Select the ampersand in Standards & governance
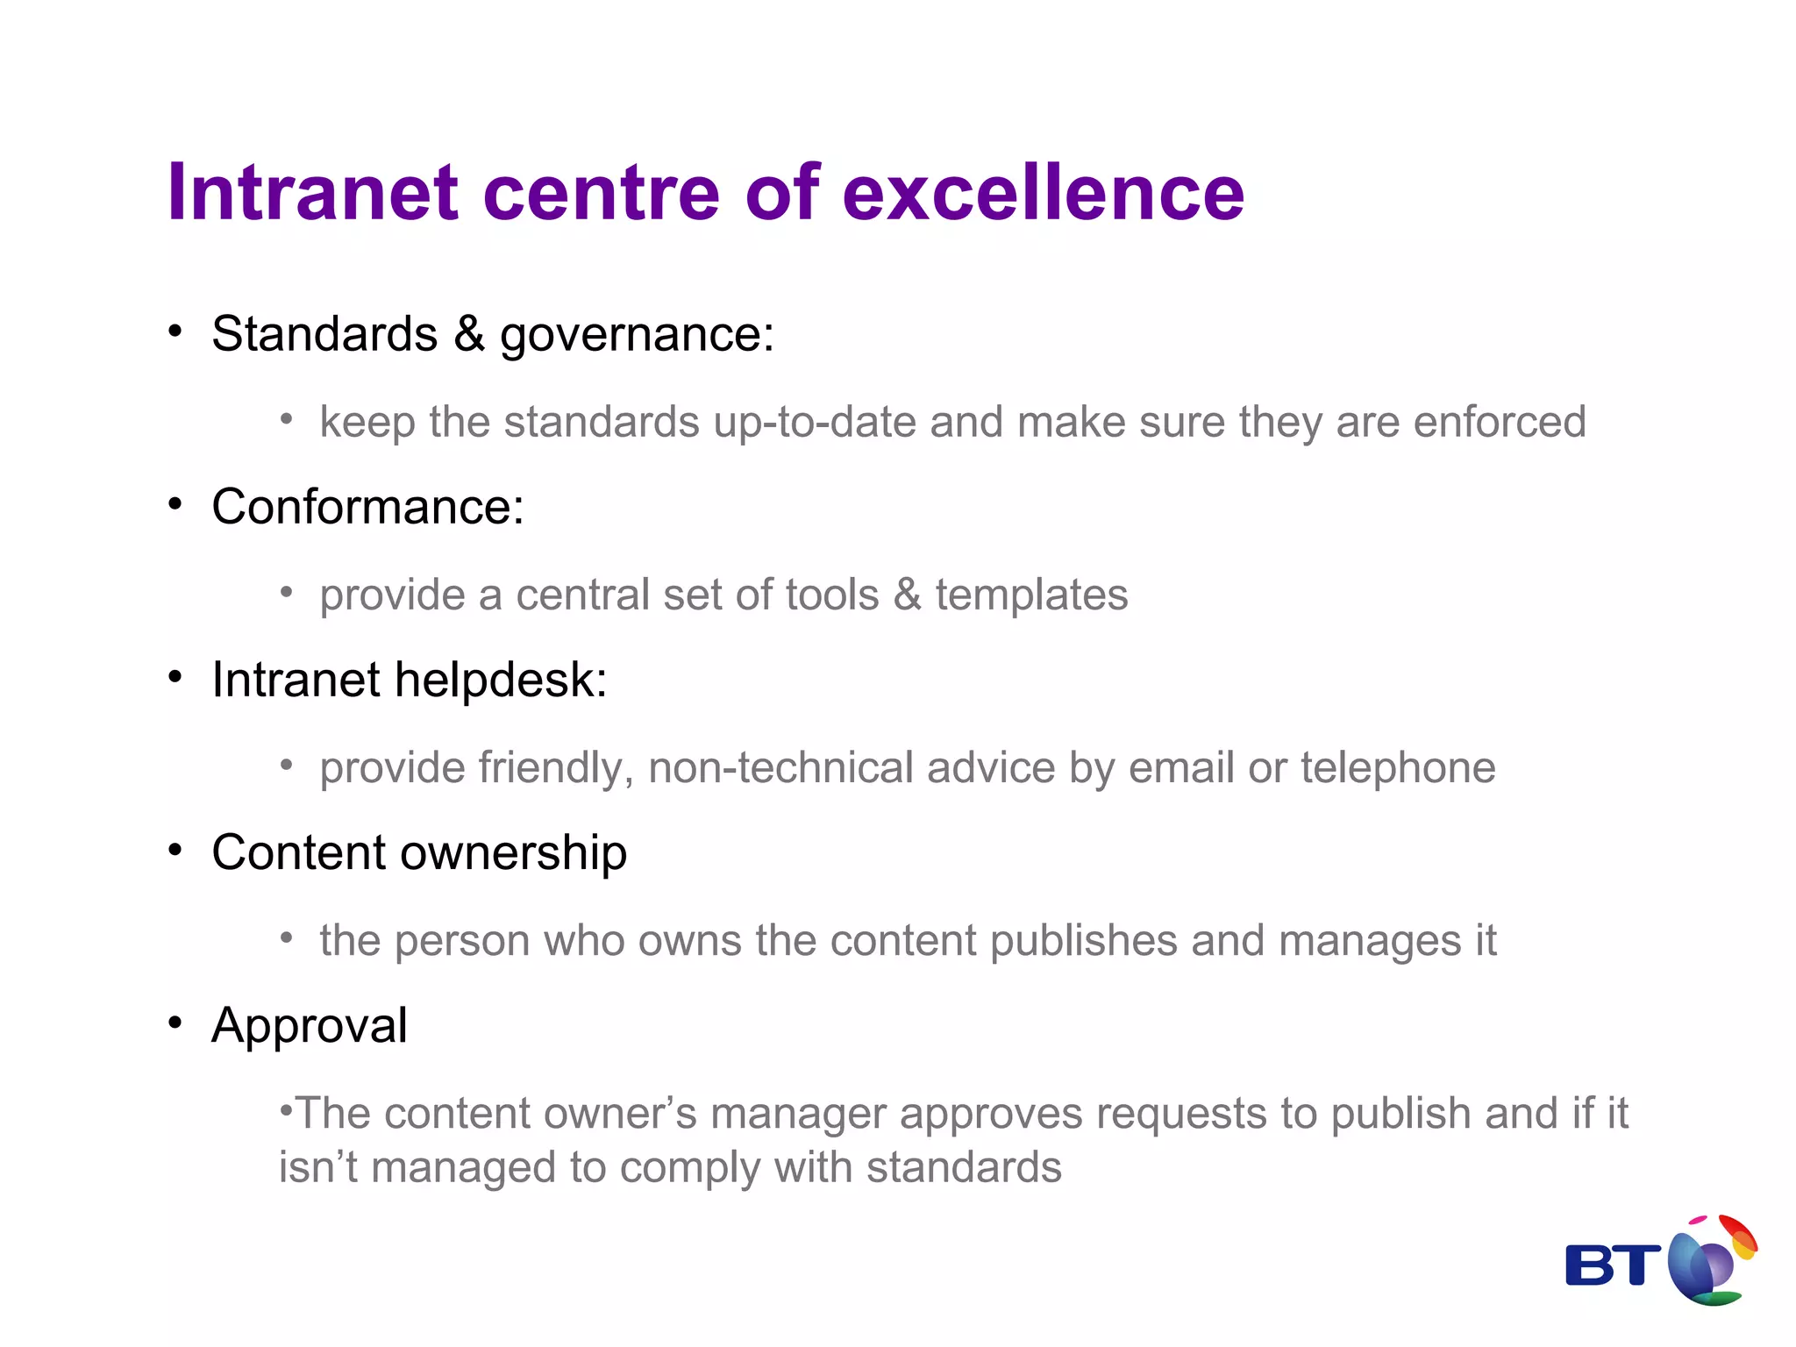(469, 334)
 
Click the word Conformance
(367, 507)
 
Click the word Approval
(310, 1025)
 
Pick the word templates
(1031, 595)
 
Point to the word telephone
(1398, 767)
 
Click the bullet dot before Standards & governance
(175, 331)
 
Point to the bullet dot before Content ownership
(175, 850)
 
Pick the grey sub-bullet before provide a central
(286, 593)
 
